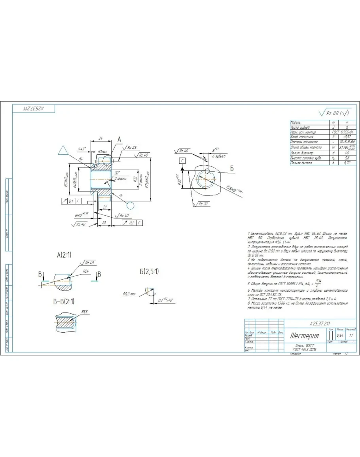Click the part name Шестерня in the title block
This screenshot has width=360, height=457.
304,336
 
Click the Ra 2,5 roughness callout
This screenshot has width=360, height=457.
132,147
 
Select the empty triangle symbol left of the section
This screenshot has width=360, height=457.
63,150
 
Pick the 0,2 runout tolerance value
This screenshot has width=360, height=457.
132,223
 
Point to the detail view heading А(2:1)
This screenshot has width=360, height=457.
64,255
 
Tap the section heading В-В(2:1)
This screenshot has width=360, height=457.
63,302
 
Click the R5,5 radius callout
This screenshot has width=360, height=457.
85,312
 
